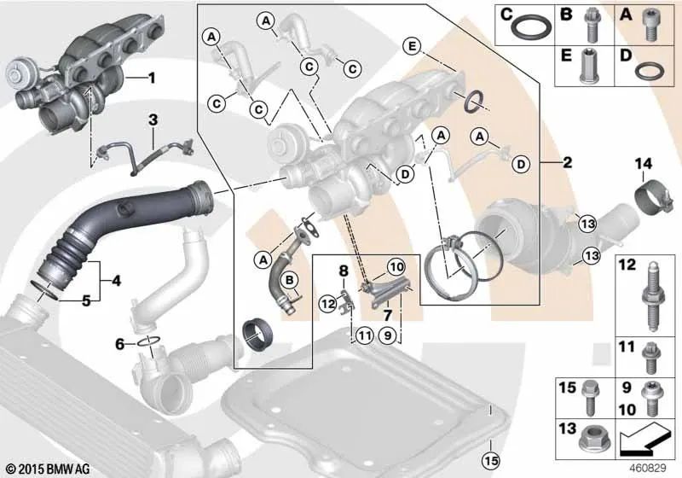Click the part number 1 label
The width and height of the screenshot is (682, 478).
tap(151, 79)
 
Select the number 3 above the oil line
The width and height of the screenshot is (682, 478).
tap(153, 120)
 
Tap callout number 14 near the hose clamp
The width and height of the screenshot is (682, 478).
tap(644, 164)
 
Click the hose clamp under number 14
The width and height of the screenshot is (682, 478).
tap(649, 198)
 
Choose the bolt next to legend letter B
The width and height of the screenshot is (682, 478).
tap(590, 25)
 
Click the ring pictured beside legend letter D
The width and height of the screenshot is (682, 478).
tap(650, 70)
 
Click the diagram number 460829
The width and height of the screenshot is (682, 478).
tap(648, 468)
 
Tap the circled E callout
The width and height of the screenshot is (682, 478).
tap(412, 45)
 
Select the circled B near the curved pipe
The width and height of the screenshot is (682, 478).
tap(290, 280)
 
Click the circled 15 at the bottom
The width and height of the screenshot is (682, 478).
tap(491, 460)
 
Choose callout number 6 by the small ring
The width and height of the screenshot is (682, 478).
tap(120, 344)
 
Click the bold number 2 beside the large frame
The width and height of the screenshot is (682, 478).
tap(567, 163)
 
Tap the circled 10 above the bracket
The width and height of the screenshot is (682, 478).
tap(396, 267)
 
